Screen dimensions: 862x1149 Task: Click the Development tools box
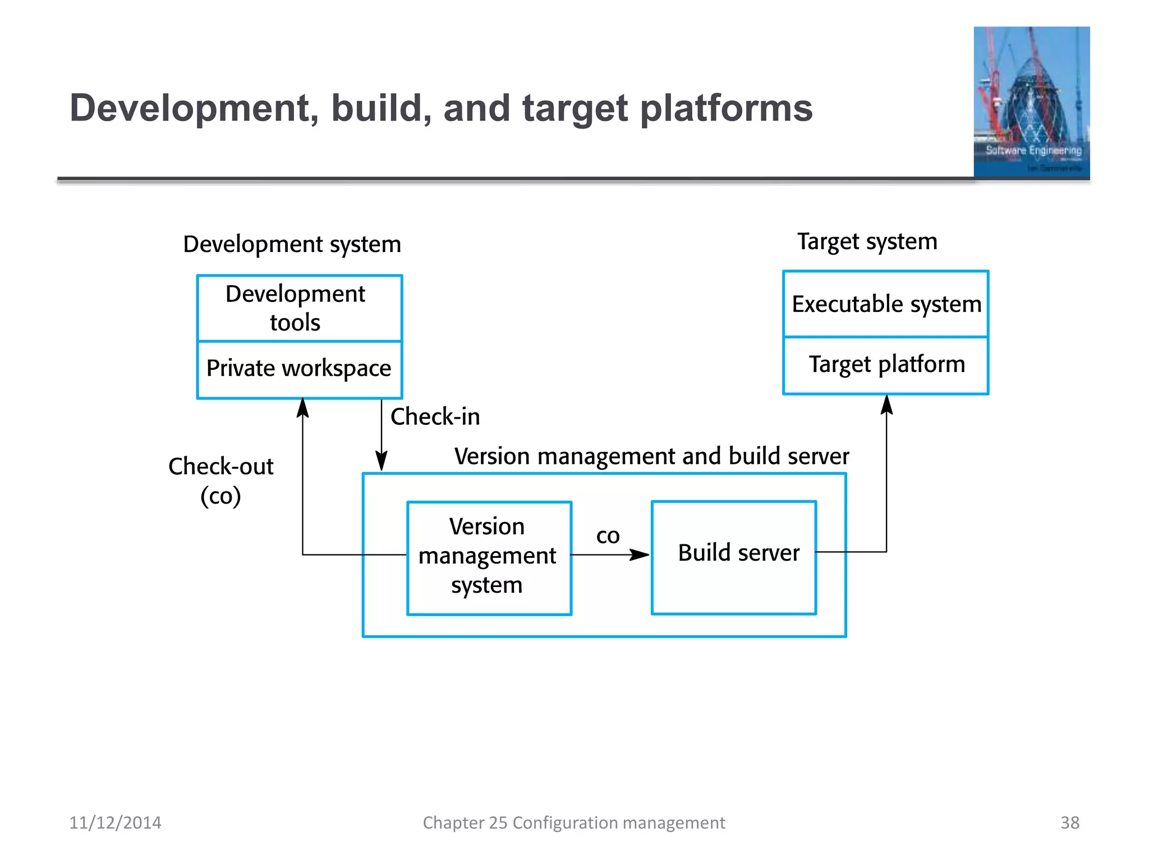pyautogui.click(x=300, y=308)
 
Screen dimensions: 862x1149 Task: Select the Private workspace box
pyautogui.click(x=300, y=369)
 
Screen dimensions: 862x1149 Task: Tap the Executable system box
pyautogui.click(x=885, y=304)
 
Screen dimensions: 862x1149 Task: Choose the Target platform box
pyautogui.click(x=885, y=365)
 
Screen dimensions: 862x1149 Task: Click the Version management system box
pyautogui.click(x=489, y=557)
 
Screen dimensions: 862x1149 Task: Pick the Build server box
pyautogui.click(x=734, y=557)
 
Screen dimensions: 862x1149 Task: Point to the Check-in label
pyautogui.click(x=435, y=417)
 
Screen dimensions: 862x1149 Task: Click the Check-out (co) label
pyautogui.click(x=221, y=481)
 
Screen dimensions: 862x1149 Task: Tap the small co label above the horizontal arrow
pyautogui.click(x=608, y=535)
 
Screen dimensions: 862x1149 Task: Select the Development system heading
pyautogui.click(x=292, y=245)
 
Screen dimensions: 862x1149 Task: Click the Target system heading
pyautogui.click(x=867, y=242)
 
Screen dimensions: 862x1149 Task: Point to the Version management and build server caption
pyautogui.click(x=651, y=456)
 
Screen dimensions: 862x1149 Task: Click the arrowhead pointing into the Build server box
pyautogui.click(x=640, y=555)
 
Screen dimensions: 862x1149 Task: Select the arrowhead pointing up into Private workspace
pyautogui.click(x=303, y=407)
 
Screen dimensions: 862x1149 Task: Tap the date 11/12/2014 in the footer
pyautogui.click(x=115, y=823)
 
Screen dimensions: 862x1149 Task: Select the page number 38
pyautogui.click(x=1069, y=823)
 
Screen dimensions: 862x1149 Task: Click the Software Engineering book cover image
pyautogui.click(x=1031, y=102)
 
